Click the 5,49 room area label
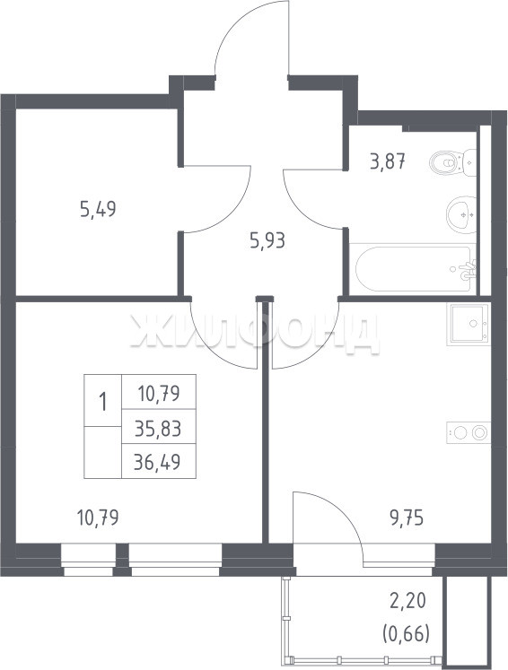pos(98,209)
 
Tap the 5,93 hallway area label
pos(267,241)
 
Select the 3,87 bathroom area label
pos(388,162)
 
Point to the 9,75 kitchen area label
pos(407,518)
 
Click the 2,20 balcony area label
pos(407,601)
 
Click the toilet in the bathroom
pos(453,162)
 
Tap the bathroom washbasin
pos(461,215)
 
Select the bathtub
pos(413,268)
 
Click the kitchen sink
pos(469,324)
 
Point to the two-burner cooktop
pos(469,433)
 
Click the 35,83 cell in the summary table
pos(158,428)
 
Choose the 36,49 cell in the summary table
pos(157,462)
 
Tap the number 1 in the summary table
pos(102,402)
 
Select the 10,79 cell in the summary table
pos(159,393)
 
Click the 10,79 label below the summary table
pos(98,518)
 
